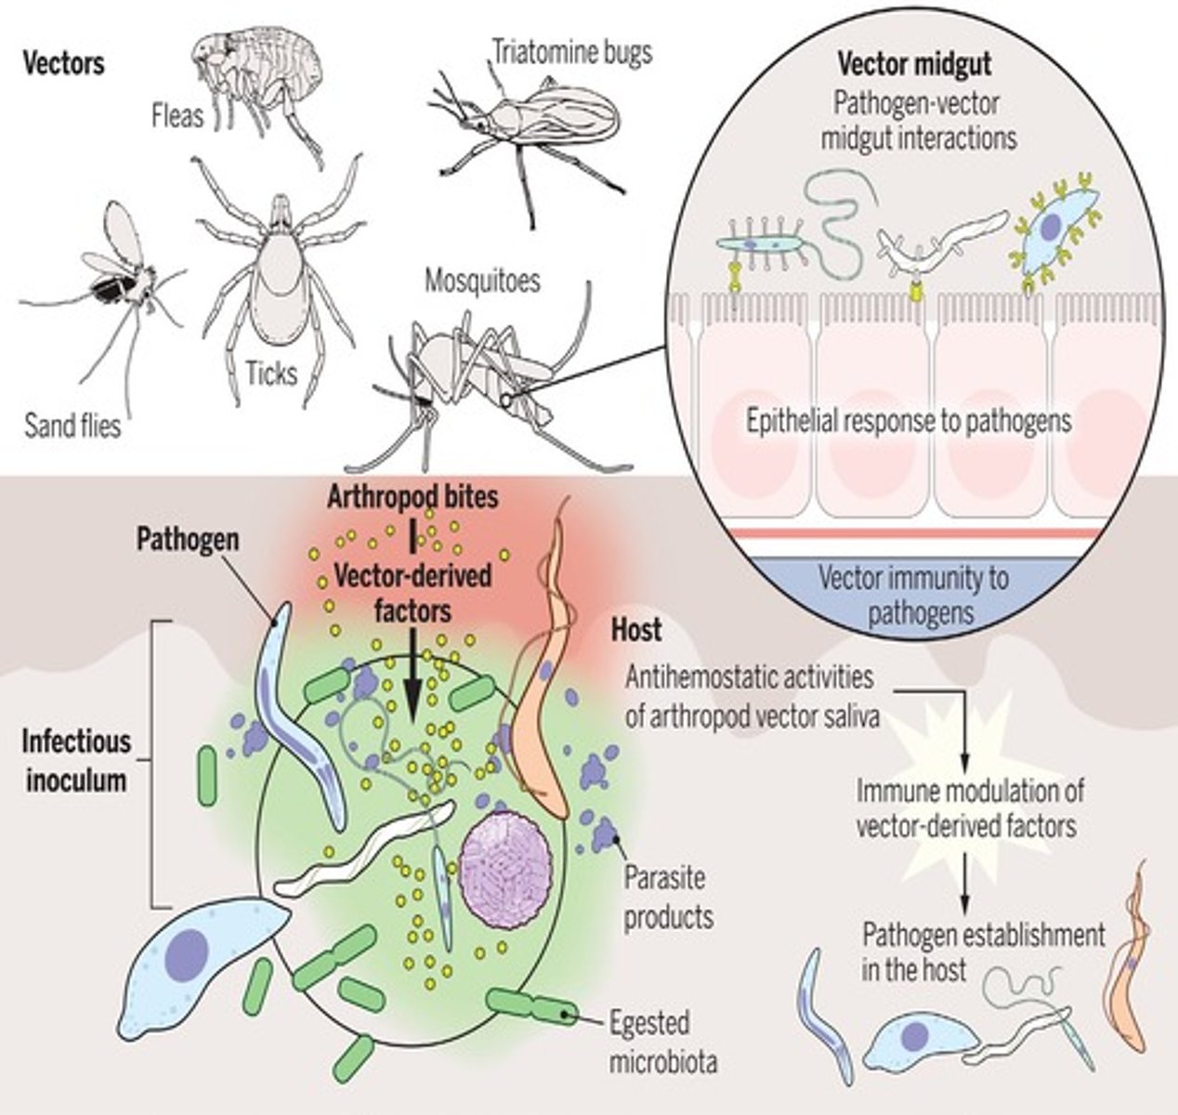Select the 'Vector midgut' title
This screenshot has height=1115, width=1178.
(x=914, y=64)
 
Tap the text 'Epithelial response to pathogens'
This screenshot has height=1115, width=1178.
(x=909, y=421)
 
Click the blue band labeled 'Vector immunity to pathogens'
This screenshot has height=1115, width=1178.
(x=912, y=595)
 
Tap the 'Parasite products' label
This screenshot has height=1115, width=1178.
(x=668, y=897)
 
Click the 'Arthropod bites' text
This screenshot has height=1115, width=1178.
(x=412, y=496)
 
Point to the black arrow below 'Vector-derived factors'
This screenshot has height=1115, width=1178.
(x=412, y=678)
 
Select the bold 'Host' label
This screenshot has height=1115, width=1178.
(x=635, y=630)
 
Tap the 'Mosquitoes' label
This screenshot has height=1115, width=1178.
(x=482, y=280)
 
